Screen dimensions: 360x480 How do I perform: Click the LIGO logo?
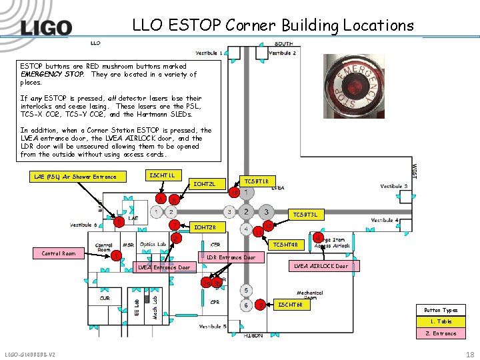point(46,27)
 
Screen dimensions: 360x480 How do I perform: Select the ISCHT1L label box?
point(163,175)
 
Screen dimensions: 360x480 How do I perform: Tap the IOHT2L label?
point(204,184)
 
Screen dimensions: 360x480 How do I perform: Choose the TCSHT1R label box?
point(256,181)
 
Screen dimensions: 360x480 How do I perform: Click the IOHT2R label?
point(204,228)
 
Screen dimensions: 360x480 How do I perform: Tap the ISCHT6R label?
point(290,305)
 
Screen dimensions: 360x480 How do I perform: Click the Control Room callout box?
point(59,253)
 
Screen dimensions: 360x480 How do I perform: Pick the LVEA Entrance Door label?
point(163,267)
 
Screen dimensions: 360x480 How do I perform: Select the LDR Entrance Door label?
point(231,257)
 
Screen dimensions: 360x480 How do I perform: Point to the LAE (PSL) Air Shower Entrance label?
point(75,177)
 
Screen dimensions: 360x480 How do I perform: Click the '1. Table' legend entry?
point(441,321)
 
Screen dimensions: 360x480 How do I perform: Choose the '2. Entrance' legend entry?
point(441,333)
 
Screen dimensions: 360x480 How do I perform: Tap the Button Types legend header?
point(441,310)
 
